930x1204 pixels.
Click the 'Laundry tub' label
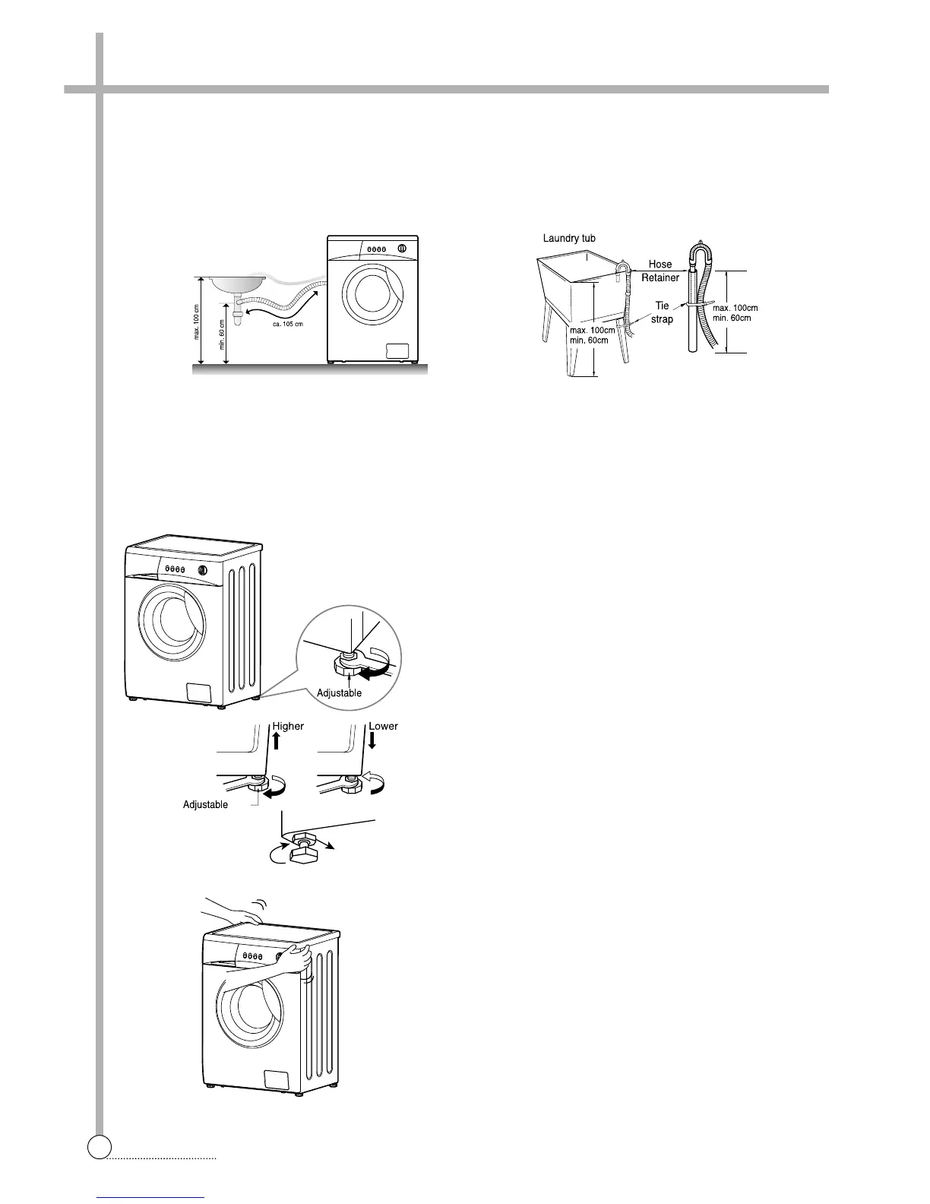point(569,239)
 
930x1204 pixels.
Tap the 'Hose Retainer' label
point(660,271)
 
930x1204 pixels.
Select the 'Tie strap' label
point(662,312)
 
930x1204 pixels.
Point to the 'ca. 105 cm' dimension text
point(289,325)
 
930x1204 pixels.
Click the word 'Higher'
point(288,726)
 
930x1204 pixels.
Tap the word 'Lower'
point(383,726)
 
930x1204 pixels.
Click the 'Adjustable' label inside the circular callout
point(339,693)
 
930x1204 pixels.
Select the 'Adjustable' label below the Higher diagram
point(205,804)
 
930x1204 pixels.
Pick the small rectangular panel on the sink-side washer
point(398,350)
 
